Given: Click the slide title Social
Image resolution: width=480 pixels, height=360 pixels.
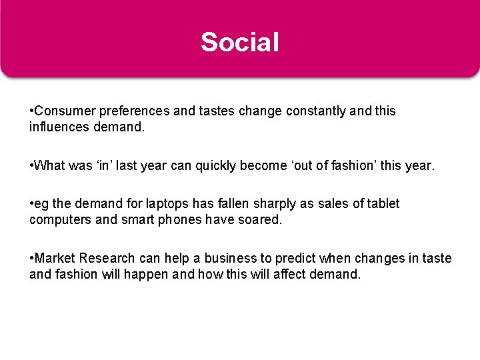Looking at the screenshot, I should click(240, 42).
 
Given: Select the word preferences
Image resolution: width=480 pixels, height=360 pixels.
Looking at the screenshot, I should click(131, 111).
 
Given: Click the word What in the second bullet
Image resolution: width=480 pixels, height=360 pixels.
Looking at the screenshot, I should click(51, 165).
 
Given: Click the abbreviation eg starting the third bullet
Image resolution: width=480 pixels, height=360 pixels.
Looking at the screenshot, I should click(41, 203).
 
